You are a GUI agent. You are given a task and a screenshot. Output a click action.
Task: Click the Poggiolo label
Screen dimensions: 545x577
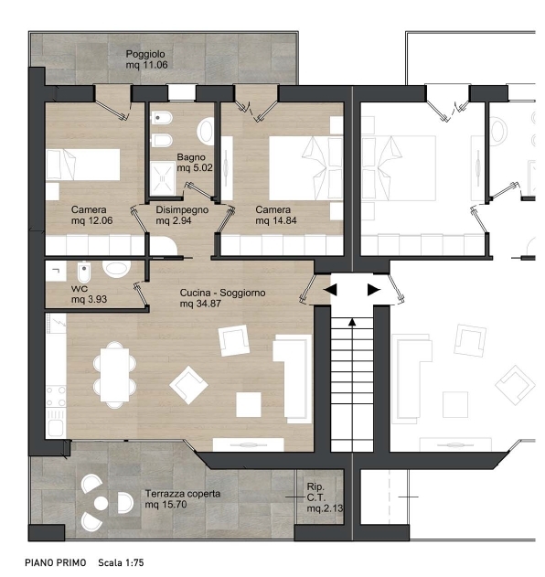click(x=145, y=54)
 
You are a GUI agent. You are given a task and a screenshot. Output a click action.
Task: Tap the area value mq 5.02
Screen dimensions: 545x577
click(x=195, y=168)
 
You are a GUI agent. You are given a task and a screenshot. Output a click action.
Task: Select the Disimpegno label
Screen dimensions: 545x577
click(x=182, y=209)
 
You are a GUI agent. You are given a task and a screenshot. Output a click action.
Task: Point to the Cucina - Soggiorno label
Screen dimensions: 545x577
click(x=222, y=293)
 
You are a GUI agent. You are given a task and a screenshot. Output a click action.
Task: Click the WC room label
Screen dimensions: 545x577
click(x=80, y=289)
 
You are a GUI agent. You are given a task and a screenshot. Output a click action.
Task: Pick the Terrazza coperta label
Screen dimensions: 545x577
click(x=183, y=494)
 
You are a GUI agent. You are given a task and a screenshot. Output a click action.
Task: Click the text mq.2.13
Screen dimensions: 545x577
click(x=325, y=508)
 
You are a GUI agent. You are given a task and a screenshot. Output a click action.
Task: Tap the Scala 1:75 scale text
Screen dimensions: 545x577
click(x=121, y=562)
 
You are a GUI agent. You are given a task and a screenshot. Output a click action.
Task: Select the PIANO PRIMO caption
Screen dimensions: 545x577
click(x=56, y=562)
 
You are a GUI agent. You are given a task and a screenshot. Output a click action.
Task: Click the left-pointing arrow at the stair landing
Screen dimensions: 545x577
click(x=330, y=290)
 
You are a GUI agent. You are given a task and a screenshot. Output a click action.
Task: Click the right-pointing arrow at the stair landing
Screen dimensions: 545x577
click(x=374, y=290)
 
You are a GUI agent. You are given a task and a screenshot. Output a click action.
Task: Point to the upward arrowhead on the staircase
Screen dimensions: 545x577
click(x=352, y=323)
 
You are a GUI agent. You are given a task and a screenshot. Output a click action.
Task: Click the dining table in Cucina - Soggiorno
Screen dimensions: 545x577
click(x=114, y=375)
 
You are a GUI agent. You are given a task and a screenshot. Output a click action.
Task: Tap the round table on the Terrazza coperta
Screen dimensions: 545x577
click(x=101, y=503)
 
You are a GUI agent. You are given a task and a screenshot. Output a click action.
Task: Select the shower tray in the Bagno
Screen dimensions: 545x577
click(x=162, y=178)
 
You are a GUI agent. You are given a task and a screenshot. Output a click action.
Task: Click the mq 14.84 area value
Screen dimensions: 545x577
click(x=276, y=220)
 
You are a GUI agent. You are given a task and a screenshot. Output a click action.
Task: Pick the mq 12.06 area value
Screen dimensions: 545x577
click(x=91, y=220)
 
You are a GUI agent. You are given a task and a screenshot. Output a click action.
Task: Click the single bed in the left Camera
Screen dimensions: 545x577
click(x=83, y=165)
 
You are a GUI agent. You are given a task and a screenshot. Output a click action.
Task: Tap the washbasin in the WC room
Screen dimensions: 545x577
click(x=117, y=268)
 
